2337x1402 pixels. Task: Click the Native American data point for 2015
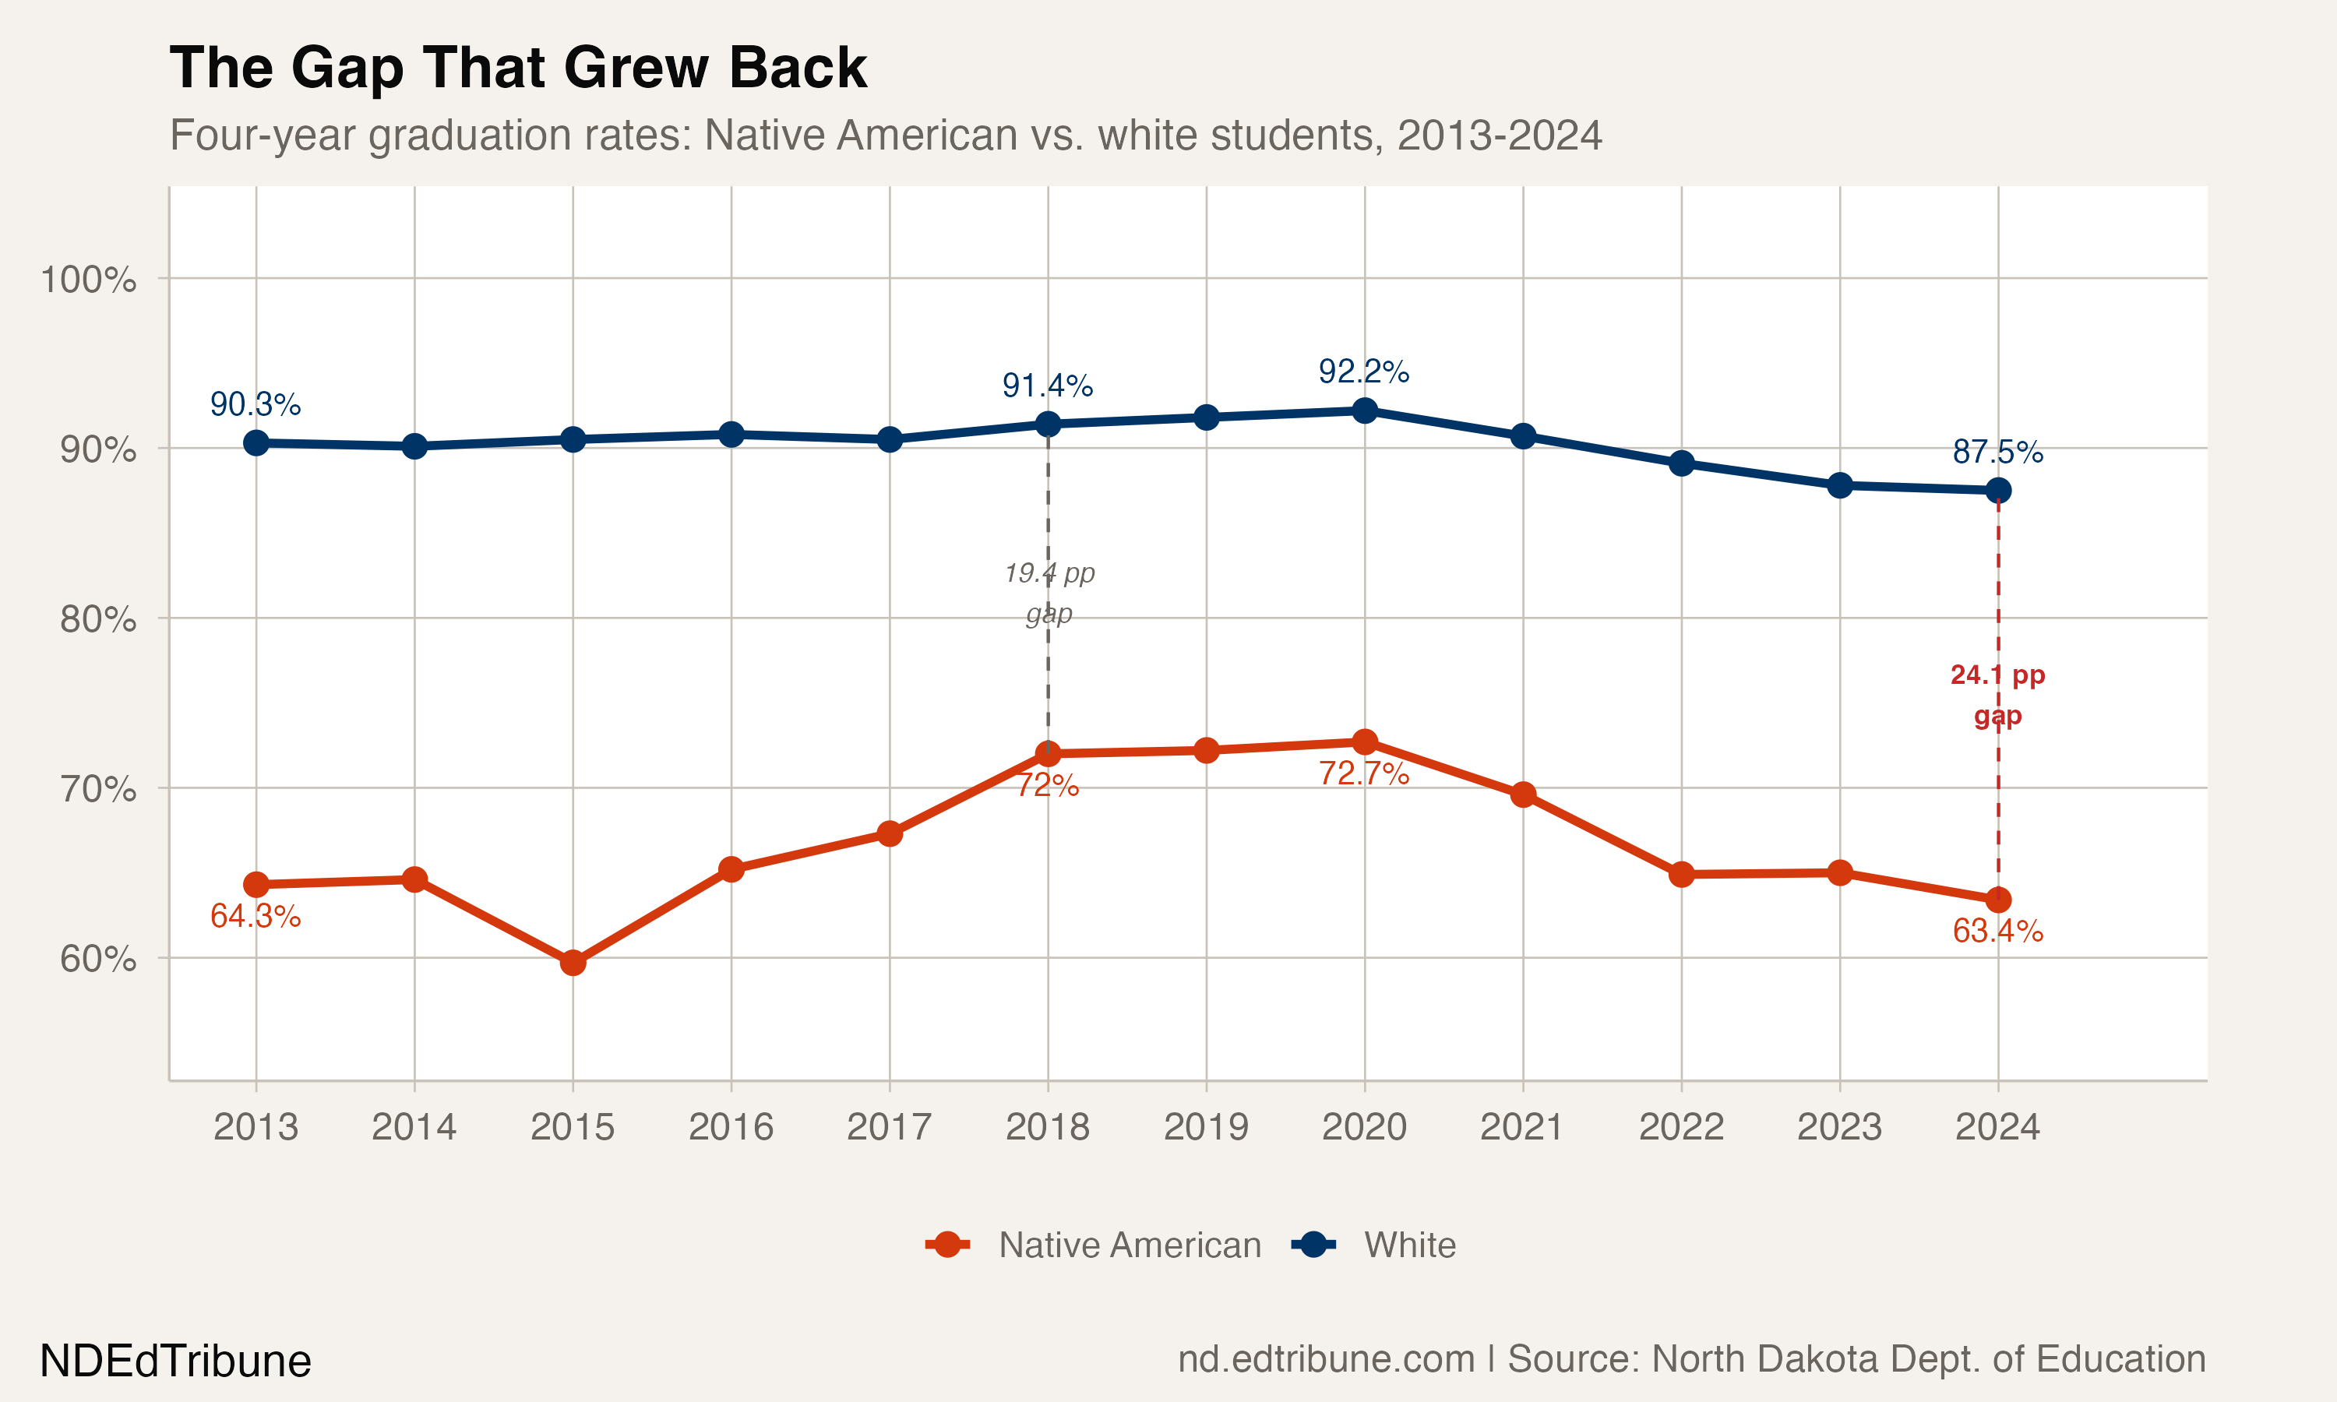tap(573, 963)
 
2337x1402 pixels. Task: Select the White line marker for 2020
tap(1364, 410)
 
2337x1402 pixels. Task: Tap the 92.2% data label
tap(1363, 372)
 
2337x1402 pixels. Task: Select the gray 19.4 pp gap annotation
tap(1049, 593)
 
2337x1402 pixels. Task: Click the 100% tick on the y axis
tap(88, 280)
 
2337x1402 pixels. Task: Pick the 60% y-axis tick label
tap(97, 959)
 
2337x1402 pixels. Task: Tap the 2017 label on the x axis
tap(889, 1126)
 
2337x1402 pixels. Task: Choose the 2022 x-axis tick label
tap(1680, 1126)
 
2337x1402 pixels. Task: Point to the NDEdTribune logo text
tap(176, 1361)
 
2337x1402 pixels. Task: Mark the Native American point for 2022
tap(1680, 874)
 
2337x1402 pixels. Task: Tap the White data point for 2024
tap(1998, 491)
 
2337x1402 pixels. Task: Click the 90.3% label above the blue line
tap(255, 404)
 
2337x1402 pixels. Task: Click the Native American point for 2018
tap(1048, 754)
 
